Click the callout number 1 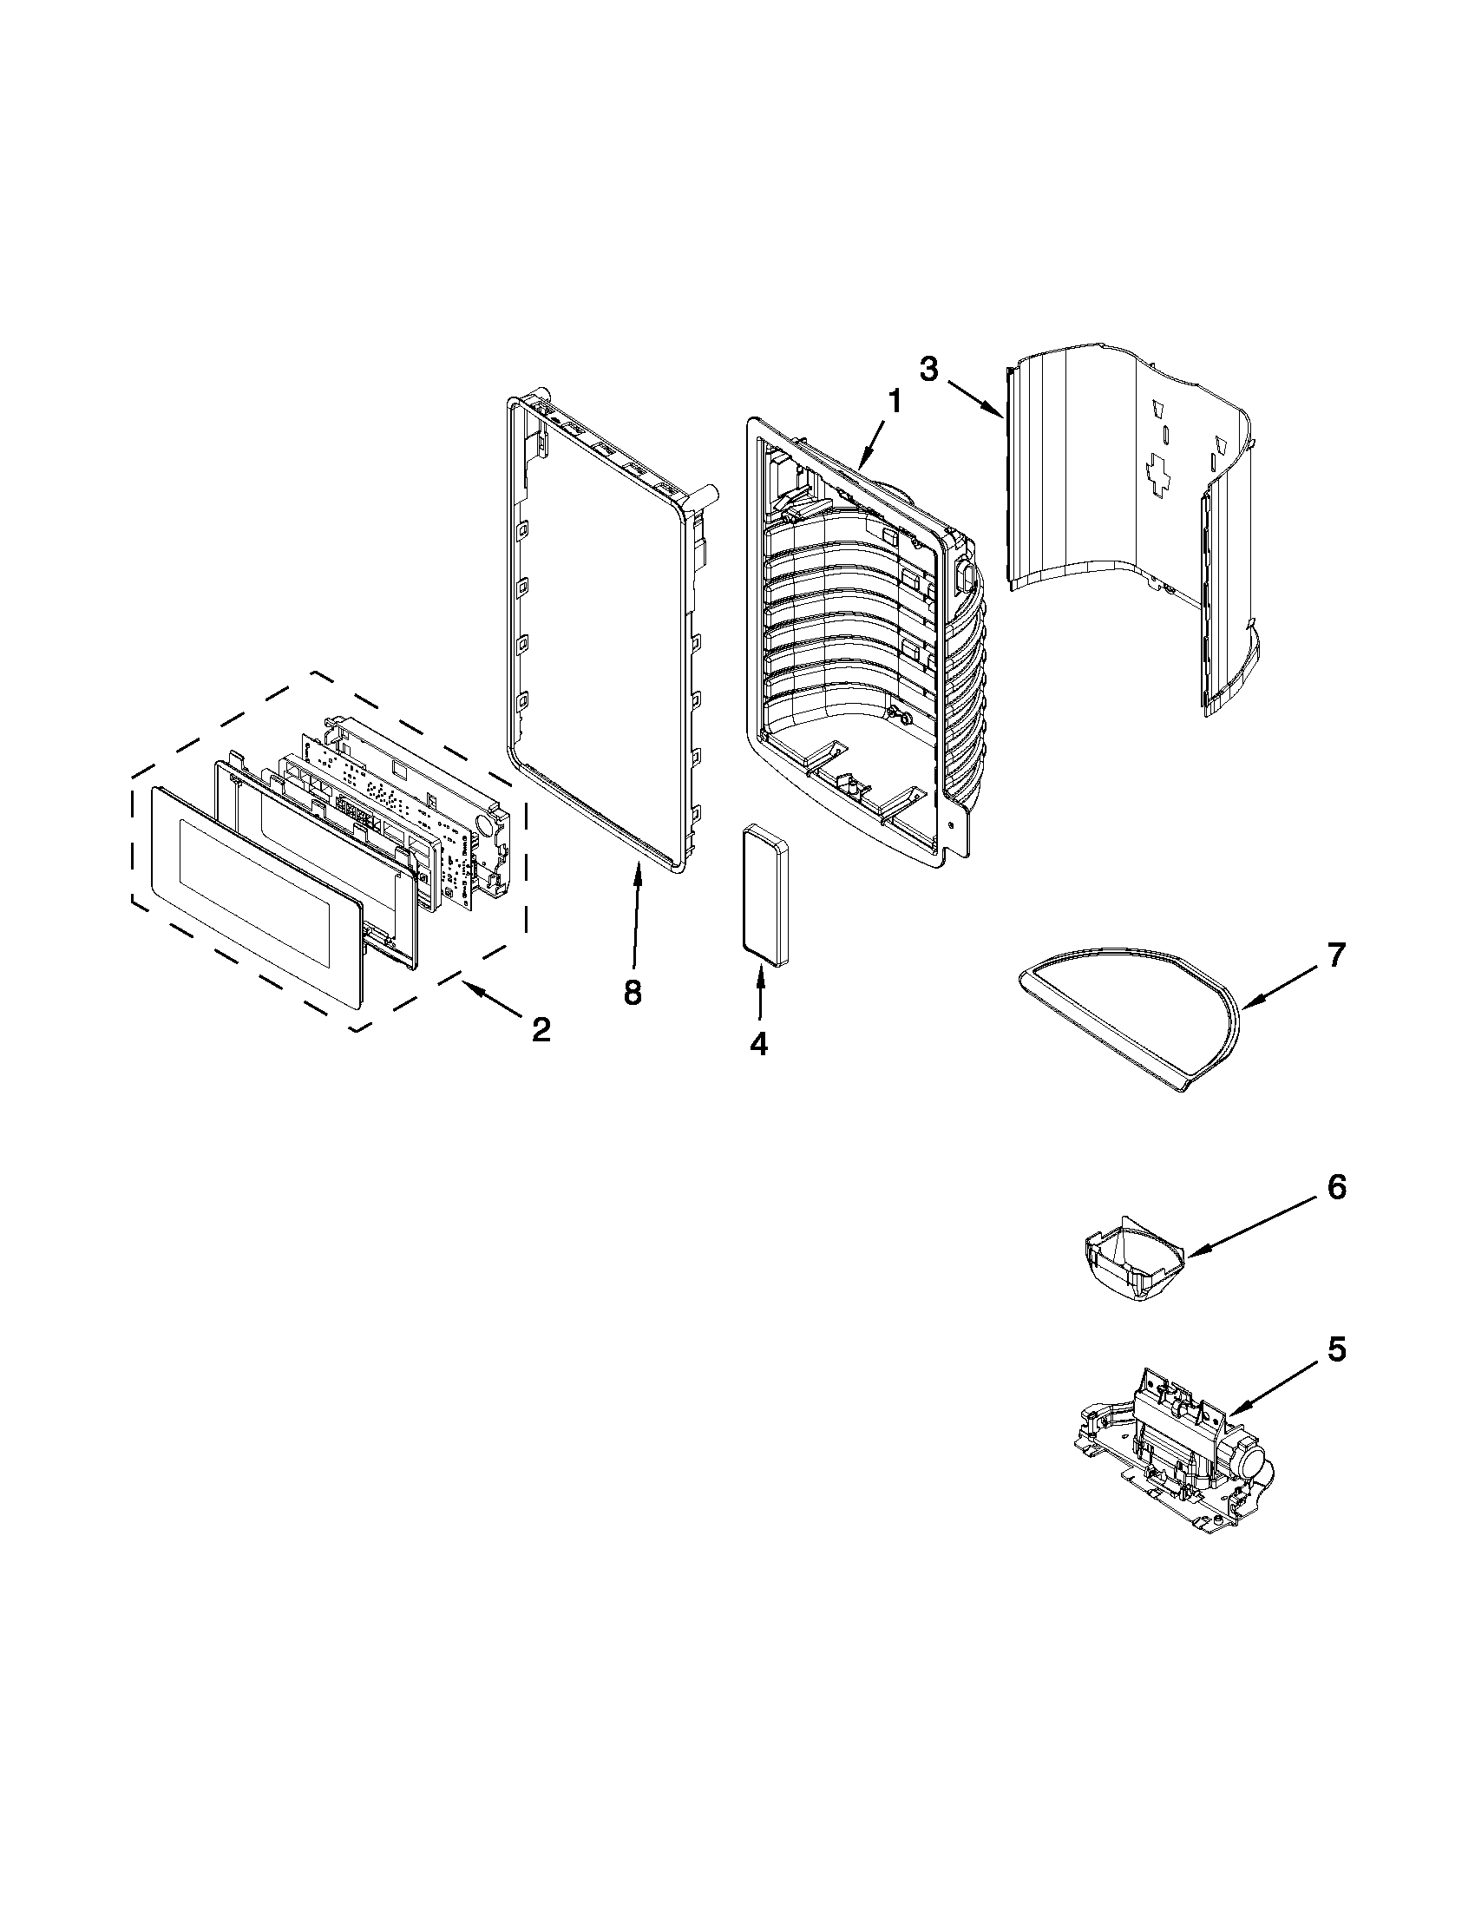point(894,403)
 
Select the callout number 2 point(541,1030)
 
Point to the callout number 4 point(758,1042)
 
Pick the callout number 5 point(1336,1349)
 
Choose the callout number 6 point(1336,1188)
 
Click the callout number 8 point(632,992)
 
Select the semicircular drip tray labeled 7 point(1128,1014)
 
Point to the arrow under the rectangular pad point(760,993)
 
